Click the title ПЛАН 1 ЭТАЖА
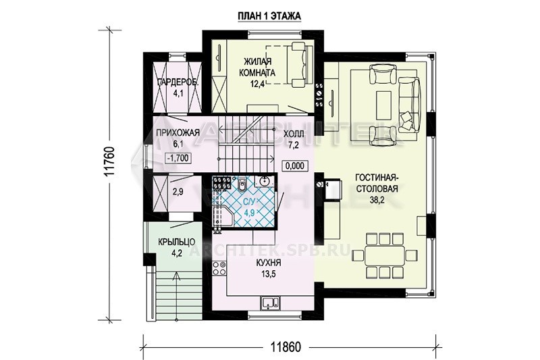tap(269, 16)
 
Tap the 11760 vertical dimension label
tap(109, 162)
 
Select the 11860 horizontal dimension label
tap(285, 347)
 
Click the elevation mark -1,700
tap(178, 158)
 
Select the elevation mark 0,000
tap(295, 165)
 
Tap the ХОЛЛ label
tap(294, 134)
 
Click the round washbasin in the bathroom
tap(265, 181)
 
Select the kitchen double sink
tap(271, 303)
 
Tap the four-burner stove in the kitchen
tap(219, 267)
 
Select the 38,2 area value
tap(377, 200)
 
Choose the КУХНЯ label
tap(269, 263)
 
